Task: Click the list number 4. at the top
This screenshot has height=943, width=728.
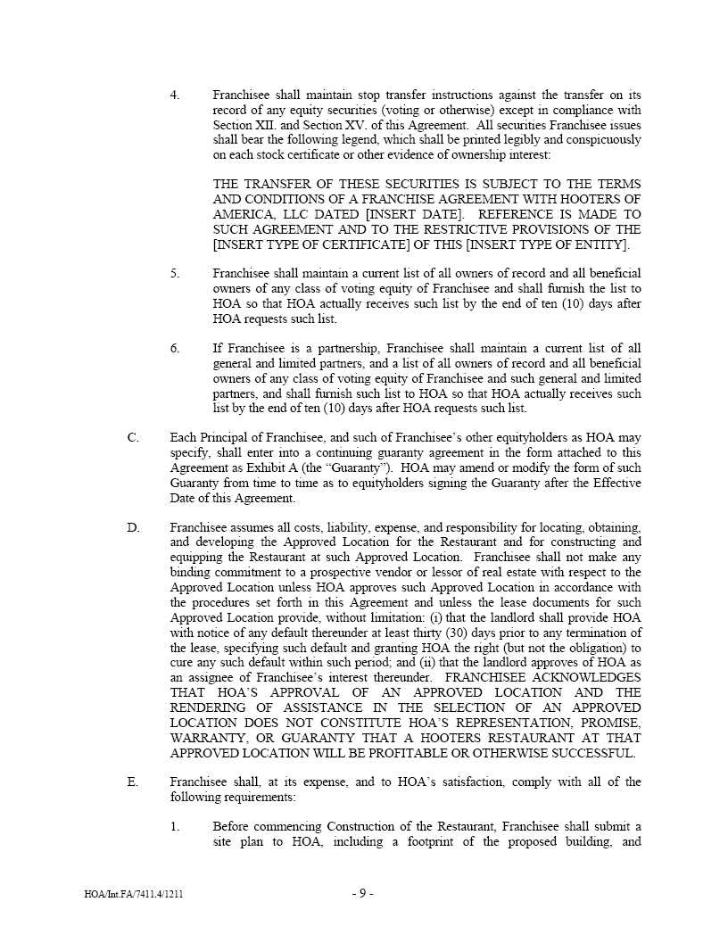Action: tap(175, 95)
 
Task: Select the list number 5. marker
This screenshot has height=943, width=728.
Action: tap(175, 274)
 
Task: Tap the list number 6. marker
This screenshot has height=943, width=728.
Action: tap(175, 349)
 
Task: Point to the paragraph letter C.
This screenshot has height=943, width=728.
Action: tap(133, 438)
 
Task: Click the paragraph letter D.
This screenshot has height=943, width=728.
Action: tap(133, 528)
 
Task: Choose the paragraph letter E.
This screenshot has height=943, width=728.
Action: tap(133, 782)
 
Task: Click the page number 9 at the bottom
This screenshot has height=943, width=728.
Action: tap(362, 894)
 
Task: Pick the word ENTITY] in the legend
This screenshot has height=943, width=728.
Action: tap(600, 245)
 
